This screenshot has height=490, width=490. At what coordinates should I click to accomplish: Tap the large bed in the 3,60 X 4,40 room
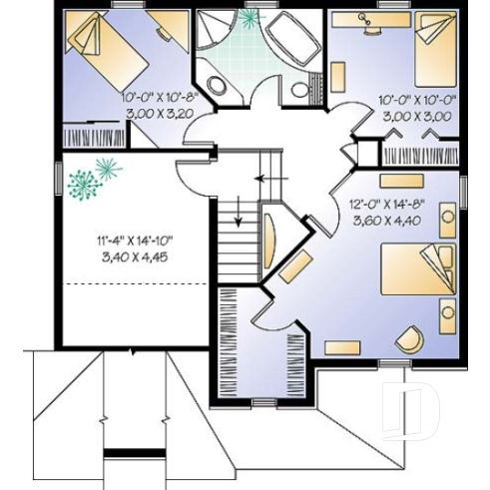420,278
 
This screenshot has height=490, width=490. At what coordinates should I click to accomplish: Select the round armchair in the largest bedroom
409,339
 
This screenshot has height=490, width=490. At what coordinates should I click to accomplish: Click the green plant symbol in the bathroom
247,18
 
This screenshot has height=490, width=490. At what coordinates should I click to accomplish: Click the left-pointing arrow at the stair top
262,180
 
